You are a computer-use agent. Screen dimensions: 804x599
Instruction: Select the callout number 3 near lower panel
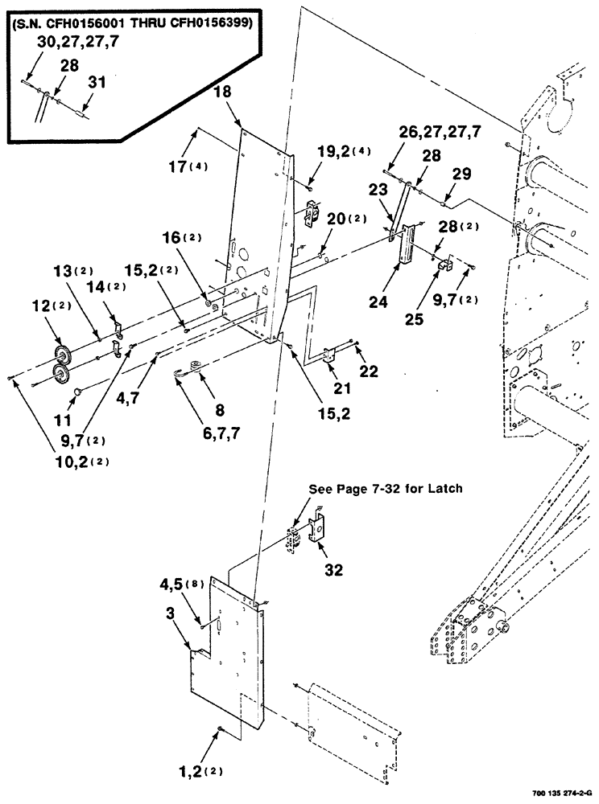[x=171, y=614]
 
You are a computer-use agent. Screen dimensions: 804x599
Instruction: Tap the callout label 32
[x=333, y=571]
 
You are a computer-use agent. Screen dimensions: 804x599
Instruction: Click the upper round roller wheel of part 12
[x=61, y=355]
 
